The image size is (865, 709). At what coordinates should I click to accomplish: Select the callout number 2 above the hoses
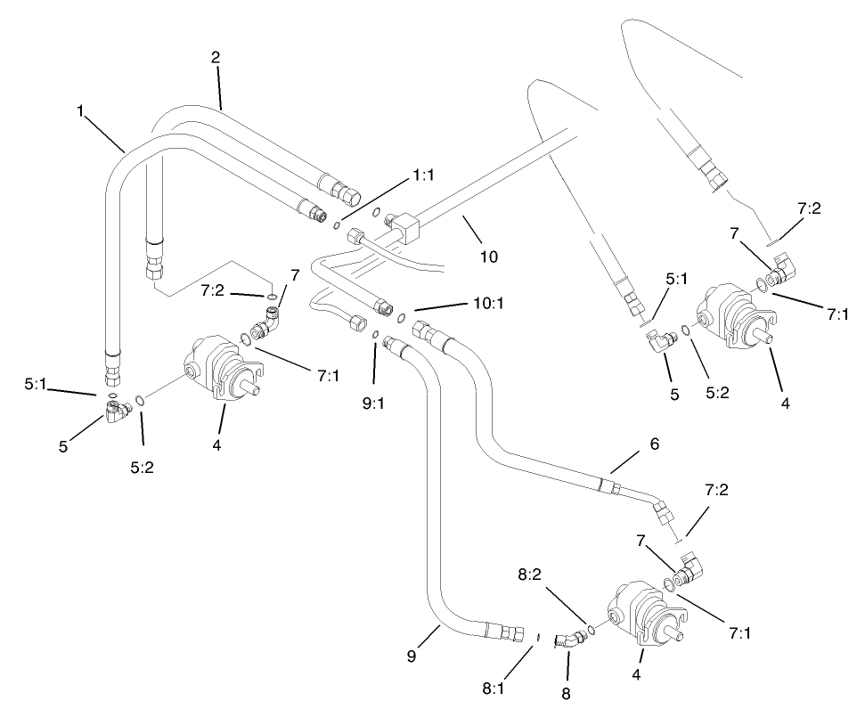[216, 57]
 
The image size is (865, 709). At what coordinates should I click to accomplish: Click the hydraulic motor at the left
[220, 370]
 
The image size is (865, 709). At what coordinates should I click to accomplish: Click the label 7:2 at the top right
[809, 208]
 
